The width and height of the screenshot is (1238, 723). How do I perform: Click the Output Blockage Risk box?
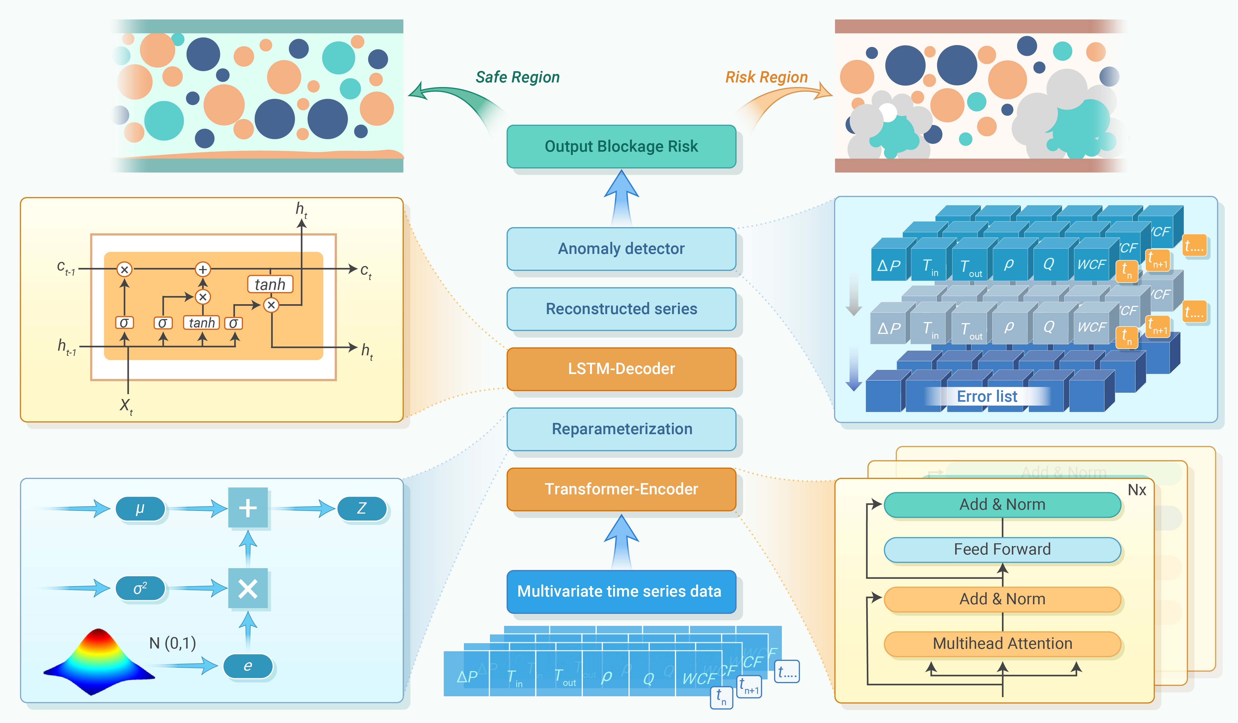[x=621, y=146]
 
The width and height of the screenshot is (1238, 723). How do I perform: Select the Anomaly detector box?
[x=621, y=248]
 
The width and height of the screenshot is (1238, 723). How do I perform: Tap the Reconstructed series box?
[x=621, y=309]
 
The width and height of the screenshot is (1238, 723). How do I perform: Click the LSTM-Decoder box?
[x=621, y=369]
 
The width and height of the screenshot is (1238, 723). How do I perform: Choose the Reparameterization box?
[x=621, y=429]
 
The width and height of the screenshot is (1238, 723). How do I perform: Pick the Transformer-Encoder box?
[x=621, y=489]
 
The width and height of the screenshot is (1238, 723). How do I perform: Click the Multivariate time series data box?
[x=621, y=591]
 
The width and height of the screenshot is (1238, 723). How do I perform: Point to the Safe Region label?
[x=517, y=77]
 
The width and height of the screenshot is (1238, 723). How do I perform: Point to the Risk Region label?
[x=766, y=77]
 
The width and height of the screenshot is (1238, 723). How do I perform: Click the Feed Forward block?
[x=1002, y=549]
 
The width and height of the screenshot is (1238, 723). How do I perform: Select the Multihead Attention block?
[x=1002, y=643]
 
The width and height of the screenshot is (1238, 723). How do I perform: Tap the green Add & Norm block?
[x=1002, y=505]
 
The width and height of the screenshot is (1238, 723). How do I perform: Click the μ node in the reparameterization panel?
[x=140, y=508]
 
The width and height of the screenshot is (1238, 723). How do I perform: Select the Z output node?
[x=362, y=508]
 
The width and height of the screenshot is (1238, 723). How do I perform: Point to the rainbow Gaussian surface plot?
[x=98, y=661]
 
